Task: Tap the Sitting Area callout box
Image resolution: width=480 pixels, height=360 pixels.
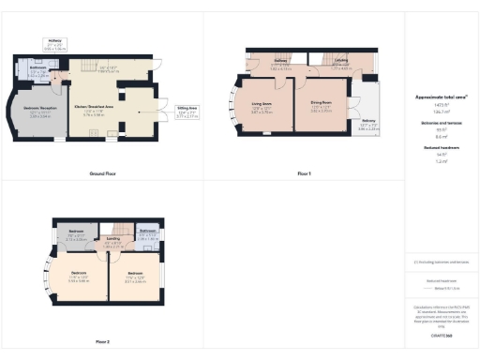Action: pyautogui.click(x=188, y=114)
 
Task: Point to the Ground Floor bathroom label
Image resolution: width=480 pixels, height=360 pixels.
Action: pyautogui.click(x=37, y=70)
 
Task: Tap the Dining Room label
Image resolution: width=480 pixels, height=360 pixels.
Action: pyautogui.click(x=322, y=109)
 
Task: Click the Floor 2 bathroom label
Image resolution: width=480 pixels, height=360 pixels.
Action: pyautogui.click(x=148, y=234)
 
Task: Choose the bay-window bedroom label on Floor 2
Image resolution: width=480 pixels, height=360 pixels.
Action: pyautogui.click(x=77, y=277)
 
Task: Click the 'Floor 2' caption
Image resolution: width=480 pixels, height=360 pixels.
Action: pyautogui.click(x=101, y=342)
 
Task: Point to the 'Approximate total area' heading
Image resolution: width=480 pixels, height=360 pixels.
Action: pyautogui.click(x=440, y=97)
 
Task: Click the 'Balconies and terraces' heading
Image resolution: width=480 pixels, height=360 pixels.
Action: pyautogui.click(x=440, y=123)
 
